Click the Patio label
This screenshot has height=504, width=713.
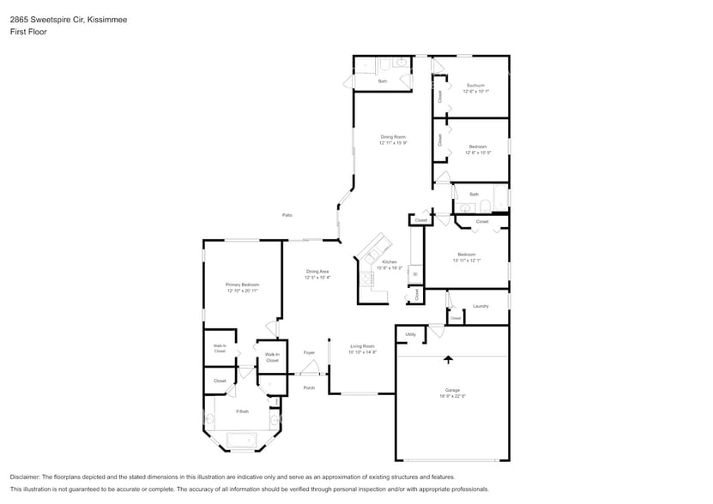pos(287,215)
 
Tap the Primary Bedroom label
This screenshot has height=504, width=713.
pos(242,285)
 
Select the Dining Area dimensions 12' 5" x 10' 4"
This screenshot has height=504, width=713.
pos(317,278)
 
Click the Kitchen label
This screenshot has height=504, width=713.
pos(390,261)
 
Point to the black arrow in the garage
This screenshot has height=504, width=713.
pos(448,359)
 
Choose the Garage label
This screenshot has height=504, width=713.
pos(452,390)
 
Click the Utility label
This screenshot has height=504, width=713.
pos(410,334)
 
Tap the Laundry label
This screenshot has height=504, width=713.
pos(480,306)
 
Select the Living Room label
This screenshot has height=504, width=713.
pos(362,346)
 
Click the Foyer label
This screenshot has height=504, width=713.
pos(309,352)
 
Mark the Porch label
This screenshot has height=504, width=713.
pos(309,387)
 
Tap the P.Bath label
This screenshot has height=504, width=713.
pos(242,412)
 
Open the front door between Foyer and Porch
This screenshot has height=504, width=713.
pos(310,370)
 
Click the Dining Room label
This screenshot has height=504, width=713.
pos(393,137)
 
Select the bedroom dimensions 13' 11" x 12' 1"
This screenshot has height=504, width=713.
pos(467,261)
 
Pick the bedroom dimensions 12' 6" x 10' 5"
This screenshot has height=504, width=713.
pos(479,153)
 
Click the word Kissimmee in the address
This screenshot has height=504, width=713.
pos(106,19)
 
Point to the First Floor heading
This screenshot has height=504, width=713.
pos(29,32)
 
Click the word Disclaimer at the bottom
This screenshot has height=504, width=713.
pos(27,477)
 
